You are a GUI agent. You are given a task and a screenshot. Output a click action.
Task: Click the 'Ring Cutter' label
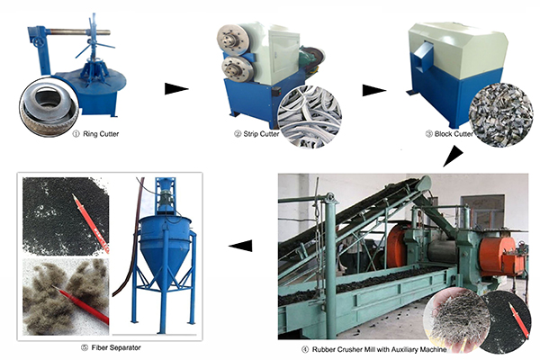click(x=101, y=134)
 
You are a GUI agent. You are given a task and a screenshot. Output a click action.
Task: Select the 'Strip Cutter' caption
click(x=261, y=134)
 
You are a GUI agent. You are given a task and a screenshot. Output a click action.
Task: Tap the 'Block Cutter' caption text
click(x=454, y=134)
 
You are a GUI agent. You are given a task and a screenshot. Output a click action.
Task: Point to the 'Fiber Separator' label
click(x=116, y=347)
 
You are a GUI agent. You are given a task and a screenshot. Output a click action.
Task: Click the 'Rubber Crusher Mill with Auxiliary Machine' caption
click(x=379, y=349)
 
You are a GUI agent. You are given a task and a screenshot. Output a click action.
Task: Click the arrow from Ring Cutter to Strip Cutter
click(x=176, y=89)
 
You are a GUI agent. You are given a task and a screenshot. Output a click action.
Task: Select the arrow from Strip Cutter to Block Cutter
click(x=374, y=90)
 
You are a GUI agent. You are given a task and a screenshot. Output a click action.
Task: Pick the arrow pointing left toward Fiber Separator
click(x=240, y=246)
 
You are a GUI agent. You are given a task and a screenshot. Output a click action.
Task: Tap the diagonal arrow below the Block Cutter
click(x=453, y=157)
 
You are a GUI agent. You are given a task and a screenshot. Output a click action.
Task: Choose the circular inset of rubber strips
click(x=310, y=117)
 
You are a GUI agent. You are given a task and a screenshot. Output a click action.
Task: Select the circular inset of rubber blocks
click(x=500, y=114)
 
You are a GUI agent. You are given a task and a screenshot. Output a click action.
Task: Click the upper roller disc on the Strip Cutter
click(x=233, y=40)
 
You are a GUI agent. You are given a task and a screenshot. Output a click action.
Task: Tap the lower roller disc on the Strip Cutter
click(x=235, y=69)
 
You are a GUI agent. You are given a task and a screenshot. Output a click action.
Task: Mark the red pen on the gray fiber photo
click(x=81, y=304)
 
